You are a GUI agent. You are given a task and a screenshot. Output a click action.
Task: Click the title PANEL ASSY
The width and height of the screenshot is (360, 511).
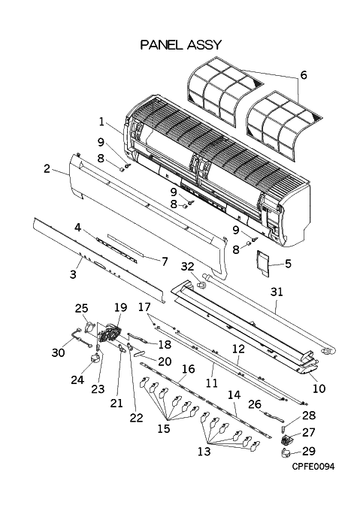pos(181,44)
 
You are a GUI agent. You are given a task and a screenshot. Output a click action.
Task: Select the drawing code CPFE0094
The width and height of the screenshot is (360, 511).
pos(313,467)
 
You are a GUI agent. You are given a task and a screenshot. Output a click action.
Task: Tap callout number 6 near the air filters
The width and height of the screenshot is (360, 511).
pos(304,75)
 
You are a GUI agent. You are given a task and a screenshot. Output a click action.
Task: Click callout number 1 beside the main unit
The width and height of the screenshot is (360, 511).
pos(101,122)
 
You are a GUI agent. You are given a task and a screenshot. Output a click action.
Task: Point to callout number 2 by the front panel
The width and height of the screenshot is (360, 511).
pos(47,168)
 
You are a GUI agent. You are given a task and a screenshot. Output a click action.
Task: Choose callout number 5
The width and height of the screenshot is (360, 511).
pos(288,263)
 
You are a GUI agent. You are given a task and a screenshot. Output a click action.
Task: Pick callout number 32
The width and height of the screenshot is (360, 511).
pos(189,266)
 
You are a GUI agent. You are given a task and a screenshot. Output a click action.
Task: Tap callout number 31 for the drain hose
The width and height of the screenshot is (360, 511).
pos(277,292)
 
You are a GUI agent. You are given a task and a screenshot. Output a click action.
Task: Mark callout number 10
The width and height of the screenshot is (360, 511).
pos(319,389)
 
